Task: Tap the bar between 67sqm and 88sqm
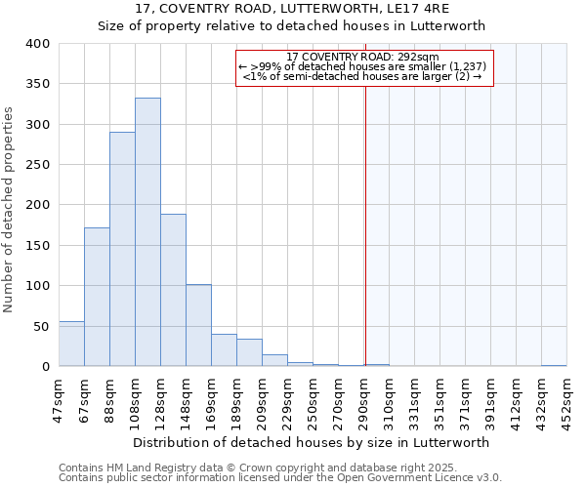point(97,297)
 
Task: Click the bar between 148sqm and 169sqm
point(198,325)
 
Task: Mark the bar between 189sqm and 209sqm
point(249,352)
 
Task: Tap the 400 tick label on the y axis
point(37,44)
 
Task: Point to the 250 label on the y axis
point(37,165)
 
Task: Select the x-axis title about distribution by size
point(311,442)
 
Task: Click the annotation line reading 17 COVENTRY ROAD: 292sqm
point(363,57)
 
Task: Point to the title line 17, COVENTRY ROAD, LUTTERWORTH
point(291,9)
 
